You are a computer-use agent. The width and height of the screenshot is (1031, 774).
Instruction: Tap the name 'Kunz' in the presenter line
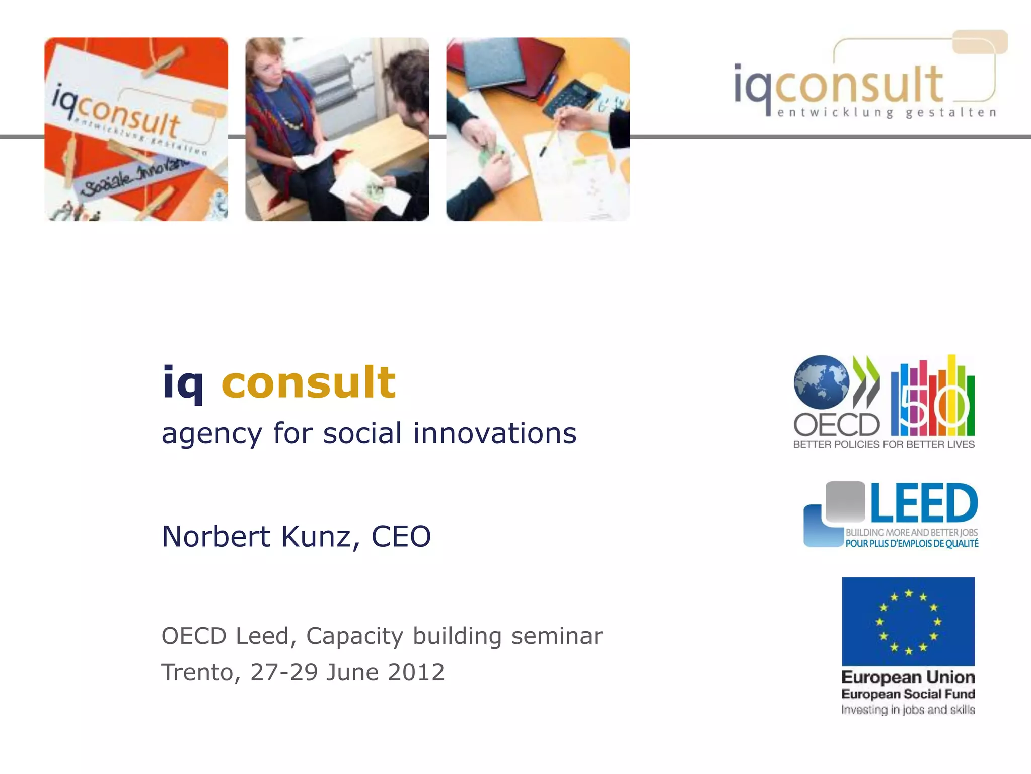pyautogui.click(x=316, y=536)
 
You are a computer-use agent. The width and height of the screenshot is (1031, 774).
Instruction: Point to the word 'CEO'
pyautogui.click(x=401, y=536)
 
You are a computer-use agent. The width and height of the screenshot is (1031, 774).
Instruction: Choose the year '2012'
pyautogui.click(x=416, y=672)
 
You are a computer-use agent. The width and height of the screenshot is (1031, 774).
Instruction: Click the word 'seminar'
pyautogui.click(x=557, y=636)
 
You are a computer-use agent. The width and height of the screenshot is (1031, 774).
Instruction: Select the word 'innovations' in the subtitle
pyautogui.click(x=495, y=433)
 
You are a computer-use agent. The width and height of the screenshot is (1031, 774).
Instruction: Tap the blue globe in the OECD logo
pyautogui.click(x=821, y=382)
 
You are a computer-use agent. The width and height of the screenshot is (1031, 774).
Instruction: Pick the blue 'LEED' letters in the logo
pyautogui.click(x=924, y=503)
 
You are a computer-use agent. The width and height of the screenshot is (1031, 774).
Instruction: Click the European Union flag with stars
pyautogui.click(x=908, y=621)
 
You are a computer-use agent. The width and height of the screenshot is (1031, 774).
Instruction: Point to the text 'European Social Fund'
pyautogui.click(x=908, y=694)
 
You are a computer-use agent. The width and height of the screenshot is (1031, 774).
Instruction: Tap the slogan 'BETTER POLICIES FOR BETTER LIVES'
pyautogui.click(x=883, y=444)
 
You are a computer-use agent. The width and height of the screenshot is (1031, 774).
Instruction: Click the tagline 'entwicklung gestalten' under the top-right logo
pyautogui.click(x=886, y=113)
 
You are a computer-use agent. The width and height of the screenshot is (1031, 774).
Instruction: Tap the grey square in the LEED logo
pyautogui.click(x=845, y=501)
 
